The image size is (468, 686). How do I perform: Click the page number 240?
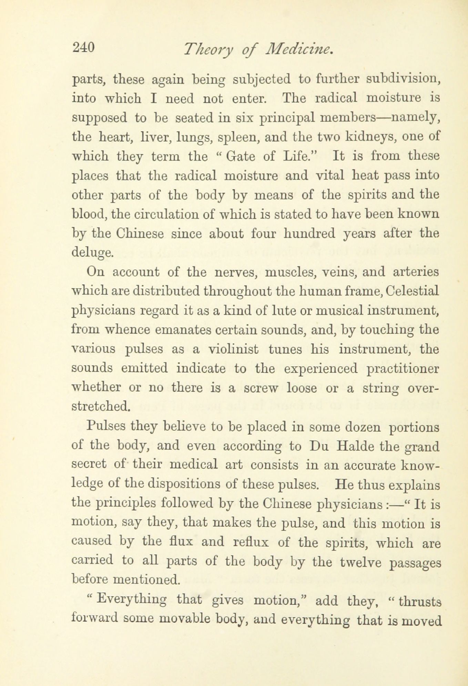click(x=83, y=47)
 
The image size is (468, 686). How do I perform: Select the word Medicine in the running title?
click(x=299, y=50)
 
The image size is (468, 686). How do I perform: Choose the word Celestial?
click(x=412, y=291)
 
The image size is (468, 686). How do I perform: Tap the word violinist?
click(x=234, y=349)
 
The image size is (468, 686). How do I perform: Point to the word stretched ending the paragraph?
click(x=101, y=407)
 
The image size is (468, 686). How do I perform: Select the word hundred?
click(x=309, y=234)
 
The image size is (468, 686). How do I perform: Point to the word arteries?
click(x=416, y=272)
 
